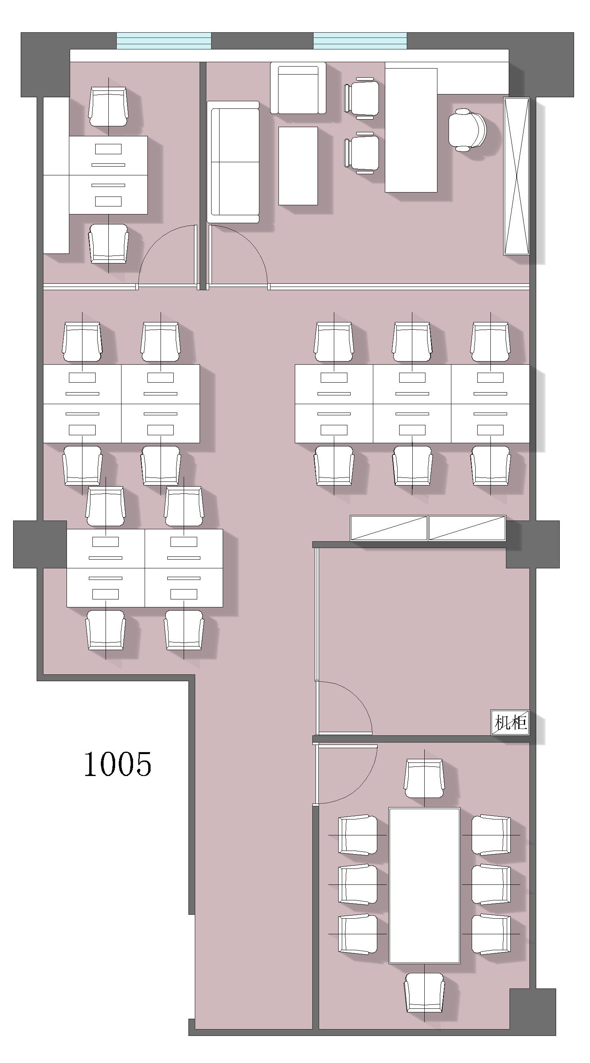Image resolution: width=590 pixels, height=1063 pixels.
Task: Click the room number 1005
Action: (118, 764)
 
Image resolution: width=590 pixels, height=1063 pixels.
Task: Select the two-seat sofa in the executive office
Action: (233, 162)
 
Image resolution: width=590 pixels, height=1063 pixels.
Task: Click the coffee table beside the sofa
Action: (298, 166)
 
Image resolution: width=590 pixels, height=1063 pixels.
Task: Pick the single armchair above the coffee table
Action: (298, 88)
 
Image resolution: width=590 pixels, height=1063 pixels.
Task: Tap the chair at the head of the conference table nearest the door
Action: (424, 779)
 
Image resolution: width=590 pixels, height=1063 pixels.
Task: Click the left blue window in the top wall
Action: (164, 41)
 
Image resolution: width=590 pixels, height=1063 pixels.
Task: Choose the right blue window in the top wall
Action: (360, 41)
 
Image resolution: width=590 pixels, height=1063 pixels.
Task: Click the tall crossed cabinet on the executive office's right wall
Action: (516, 176)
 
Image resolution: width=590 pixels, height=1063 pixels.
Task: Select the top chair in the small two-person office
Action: (108, 106)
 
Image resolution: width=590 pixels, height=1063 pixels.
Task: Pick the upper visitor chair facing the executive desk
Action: (361, 98)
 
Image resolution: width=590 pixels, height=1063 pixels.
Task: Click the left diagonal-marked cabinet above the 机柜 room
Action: (389, 528)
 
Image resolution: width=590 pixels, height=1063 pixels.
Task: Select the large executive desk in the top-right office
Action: (411, 130)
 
